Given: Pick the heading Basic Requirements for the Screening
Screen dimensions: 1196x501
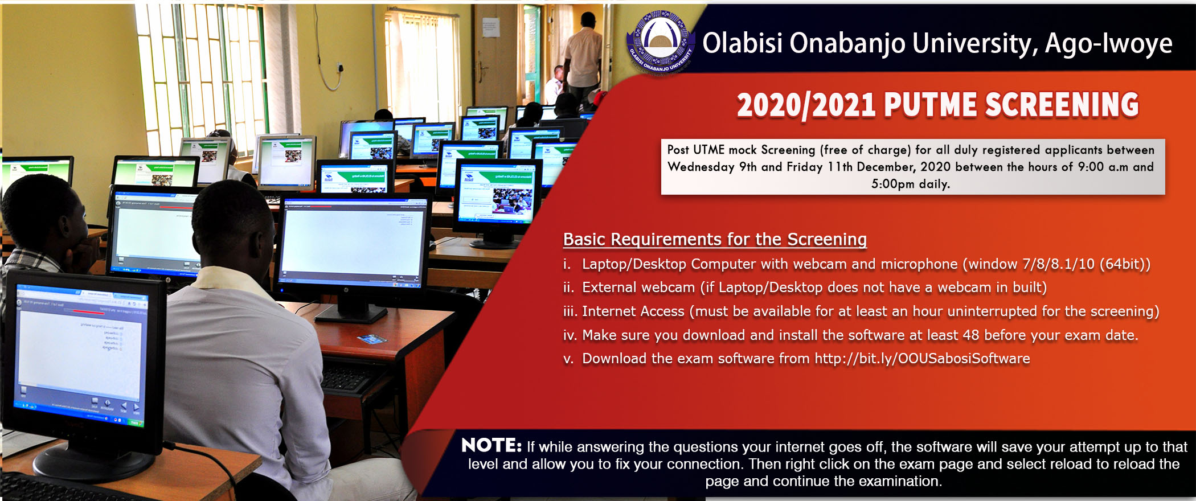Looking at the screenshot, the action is point(715,239).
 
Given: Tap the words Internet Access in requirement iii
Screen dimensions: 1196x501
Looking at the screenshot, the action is point(633,311).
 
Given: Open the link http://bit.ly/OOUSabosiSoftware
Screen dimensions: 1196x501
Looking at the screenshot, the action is point(922,359).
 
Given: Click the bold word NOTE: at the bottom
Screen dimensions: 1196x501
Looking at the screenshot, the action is point(491,445).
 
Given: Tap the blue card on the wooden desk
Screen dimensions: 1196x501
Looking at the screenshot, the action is point(371,339).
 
